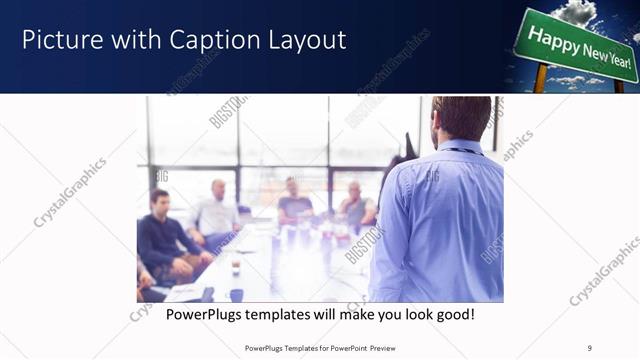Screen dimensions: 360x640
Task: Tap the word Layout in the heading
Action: [x=305, y=40]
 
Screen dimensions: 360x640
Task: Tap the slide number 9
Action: [x=590, y=348]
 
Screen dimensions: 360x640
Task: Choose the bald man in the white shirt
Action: [x=216, y=212]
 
